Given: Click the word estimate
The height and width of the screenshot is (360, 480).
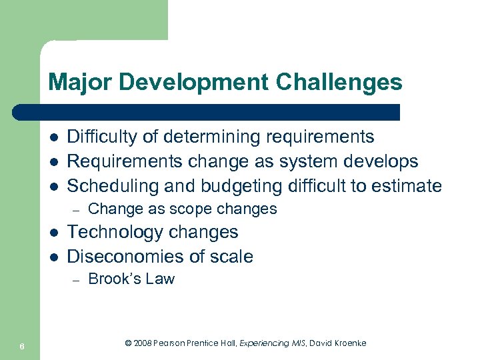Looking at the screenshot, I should (409, 185).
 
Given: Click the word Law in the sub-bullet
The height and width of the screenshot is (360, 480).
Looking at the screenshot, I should (160, 279).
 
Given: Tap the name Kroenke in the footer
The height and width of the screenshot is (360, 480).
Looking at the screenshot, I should (348, 343).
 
